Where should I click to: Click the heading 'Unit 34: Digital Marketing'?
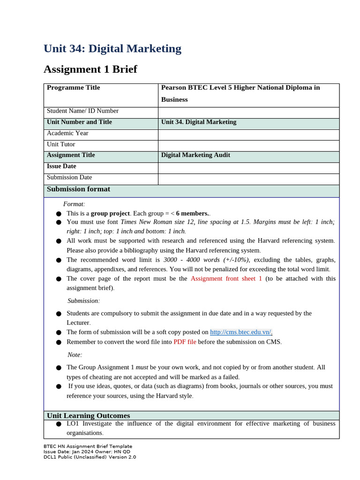(x=112, y=49)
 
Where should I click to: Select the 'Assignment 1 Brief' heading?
(x=90, y=69)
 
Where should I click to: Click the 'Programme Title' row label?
(x=73, y=88)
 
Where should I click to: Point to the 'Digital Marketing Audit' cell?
(x=195, y=155)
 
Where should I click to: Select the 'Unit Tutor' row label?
(x=61, y=144)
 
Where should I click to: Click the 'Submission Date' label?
(x=69, y=177)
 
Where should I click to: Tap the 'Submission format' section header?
(x=78, y=189)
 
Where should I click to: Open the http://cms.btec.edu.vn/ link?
(x=241, y=332)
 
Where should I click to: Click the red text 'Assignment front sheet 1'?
(x=226, y=278)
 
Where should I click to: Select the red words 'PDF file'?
(x=185, y=342)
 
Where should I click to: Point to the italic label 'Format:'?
(x=74, y=204)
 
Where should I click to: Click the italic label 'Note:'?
(x=75, y=355)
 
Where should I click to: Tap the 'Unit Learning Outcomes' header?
(x=89, y=416)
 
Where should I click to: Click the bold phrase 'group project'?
(x=110, y=213)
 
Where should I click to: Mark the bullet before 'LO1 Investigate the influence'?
(x=59, y=424)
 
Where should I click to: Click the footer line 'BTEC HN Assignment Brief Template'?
(x=88, y=446)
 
